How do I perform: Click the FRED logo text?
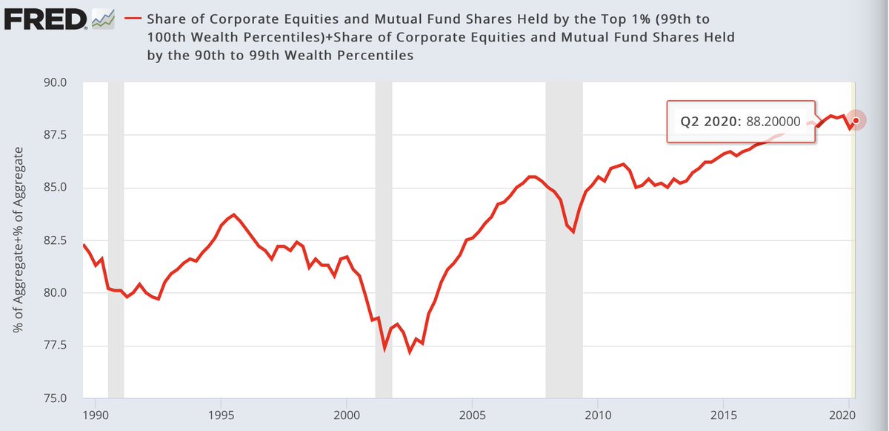[x=44, y=19]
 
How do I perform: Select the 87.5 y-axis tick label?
[x=56, y=135]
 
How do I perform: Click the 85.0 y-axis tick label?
[x=56, y=188]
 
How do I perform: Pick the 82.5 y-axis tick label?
[x=56, y=240]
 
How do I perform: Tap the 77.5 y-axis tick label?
[x=56, y=346]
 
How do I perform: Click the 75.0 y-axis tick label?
[x=56, y=398]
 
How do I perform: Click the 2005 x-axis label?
[x=472, y=412]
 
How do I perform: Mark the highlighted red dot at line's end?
[x=856, y=120]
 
